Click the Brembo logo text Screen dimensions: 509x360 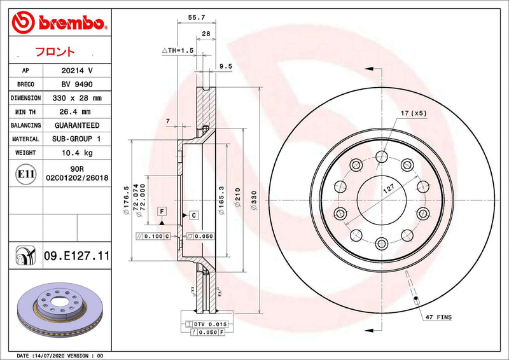pyautogui.click(x=71, y=23)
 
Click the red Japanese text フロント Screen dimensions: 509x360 pyautogui.click(x=55, y=52)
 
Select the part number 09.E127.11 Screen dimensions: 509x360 pyautogui.click(x=76, y=256)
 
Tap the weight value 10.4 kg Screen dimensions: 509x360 pyautogui.click(x=77, y=153)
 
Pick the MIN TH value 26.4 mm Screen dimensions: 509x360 pyautogui.click(x=74, y=112)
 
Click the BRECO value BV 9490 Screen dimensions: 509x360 pyautogui.click(x=77, y=85)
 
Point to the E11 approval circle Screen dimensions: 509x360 pyautogui.click(x=25, y=174)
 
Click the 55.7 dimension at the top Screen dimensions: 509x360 pyautogui.click(x=197, y=18)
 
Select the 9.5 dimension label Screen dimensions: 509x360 pyautogui.click(x=226, y=66)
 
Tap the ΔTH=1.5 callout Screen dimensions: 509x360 pyautogui.click(x=178, y=50)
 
